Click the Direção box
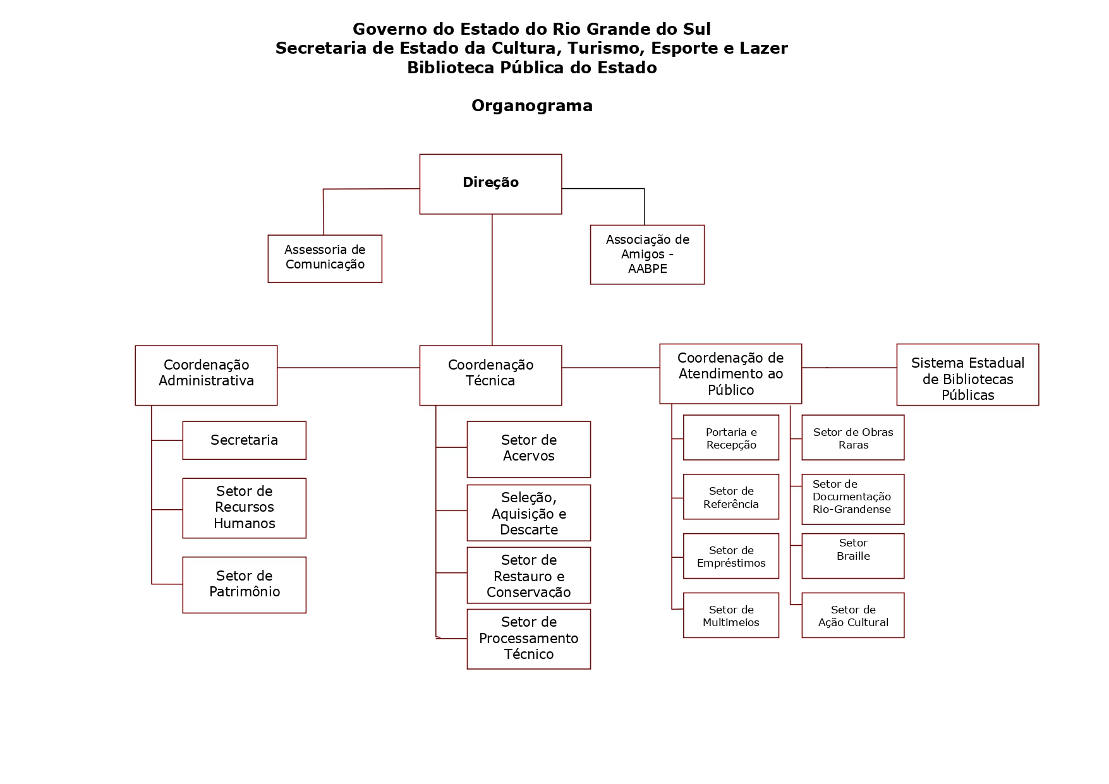pyautogui.click(x=490, y=184)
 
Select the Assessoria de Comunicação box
pyautogui.click(x=325, y=258)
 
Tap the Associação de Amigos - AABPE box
pyautogui.click(x=647, y=255)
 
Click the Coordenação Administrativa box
pyautogui.click(x=206, y=375)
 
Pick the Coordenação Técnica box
pyautogui.click(x=490, y=375)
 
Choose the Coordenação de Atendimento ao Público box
pyautogui.click(x=730, y=373)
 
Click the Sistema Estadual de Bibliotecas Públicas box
pyautogui.click(x=967, y=375)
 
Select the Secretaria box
pyautogui.click(x=244, y=440)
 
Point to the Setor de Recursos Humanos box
pyautogui.click(x=244, y=508)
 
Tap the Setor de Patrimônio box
pyautogui.click(x=244, y=584)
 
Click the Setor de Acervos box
pyautogui.click(x=528, y=449)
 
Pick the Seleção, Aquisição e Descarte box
pyautogui.click(x=528, y=513)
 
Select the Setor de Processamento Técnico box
pyautogui.click(x=528, y=639)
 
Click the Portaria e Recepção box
pyautogui.click(x=731, y=438)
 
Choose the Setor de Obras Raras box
pyautogui.click(x=853, y=438)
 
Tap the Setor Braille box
pyautogui.click(x=853, y=556)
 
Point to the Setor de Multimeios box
pyautogui.click(x=731, y=615)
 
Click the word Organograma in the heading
pyautogui.click(x=532, y=106)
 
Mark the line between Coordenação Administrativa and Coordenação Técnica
pyautogui.click(x=348, y=368)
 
